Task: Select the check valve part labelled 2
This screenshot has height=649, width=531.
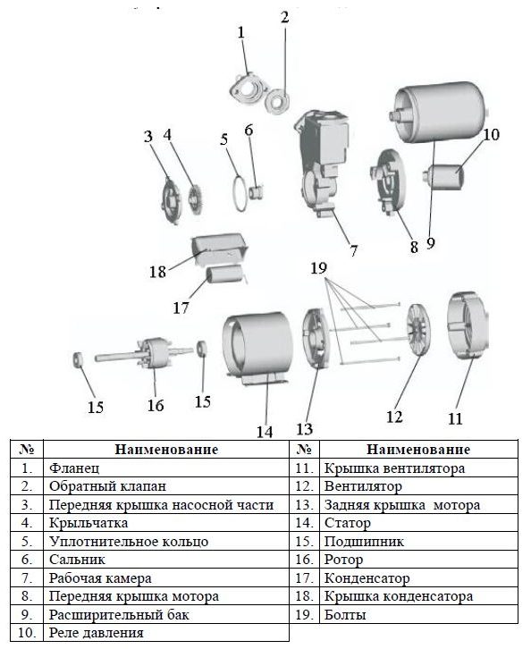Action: point(277,102)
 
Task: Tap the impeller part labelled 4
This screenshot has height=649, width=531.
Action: point(195,198)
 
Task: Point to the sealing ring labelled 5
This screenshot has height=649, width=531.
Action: point(239,193)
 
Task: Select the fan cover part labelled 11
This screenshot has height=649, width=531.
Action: point(468,326)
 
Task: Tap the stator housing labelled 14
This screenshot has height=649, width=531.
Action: point(257,349)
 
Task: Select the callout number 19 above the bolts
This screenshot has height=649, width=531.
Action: point(318,268)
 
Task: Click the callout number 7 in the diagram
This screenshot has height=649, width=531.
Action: point(353,251)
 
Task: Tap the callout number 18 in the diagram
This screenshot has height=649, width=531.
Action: point(157,272)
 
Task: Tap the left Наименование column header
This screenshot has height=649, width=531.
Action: point(166,449)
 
